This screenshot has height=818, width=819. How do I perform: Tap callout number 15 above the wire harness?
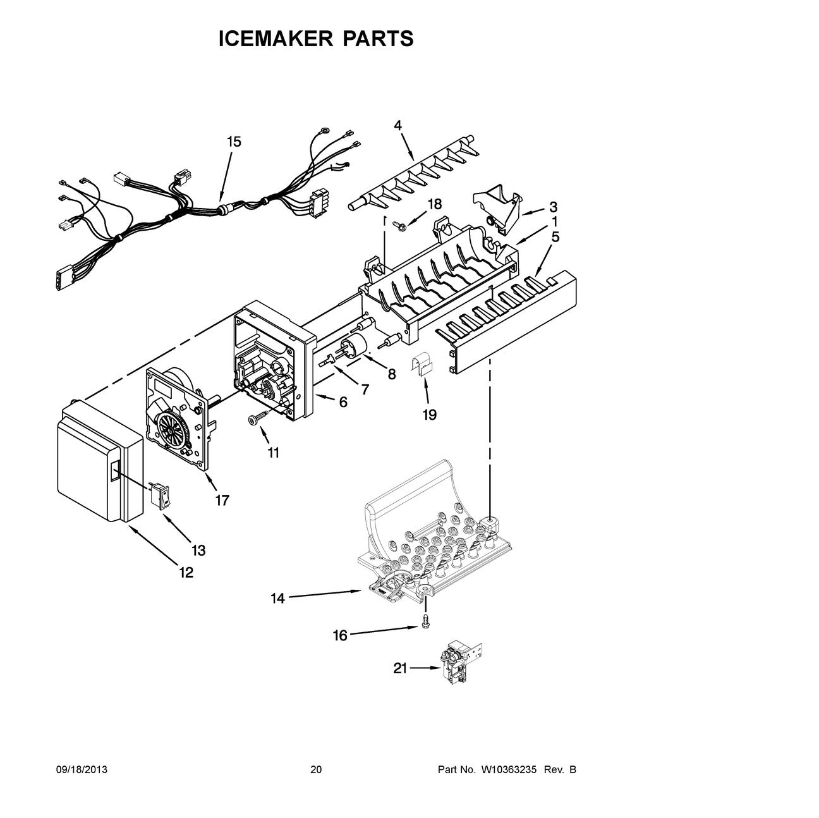click(234, 142)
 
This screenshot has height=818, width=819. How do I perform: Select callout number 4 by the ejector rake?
click(397, 125)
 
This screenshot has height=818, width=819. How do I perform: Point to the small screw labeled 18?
click(399, 223)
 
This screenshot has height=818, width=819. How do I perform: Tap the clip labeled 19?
click(422, 366)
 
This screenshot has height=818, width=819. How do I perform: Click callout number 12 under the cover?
click(186, 573)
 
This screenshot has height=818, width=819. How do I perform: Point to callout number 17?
click(221, 500)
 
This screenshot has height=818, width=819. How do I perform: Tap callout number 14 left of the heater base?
click(278, 598)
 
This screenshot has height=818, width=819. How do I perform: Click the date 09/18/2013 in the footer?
click(82, 770)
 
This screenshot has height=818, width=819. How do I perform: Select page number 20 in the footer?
click(316, 770)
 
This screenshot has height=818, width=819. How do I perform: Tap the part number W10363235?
click(509, 770)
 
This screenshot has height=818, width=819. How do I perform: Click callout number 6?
click(343, 401)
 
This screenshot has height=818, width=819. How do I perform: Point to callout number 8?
click(391, 374)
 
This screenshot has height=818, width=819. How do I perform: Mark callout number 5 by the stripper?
click(555, 237)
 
